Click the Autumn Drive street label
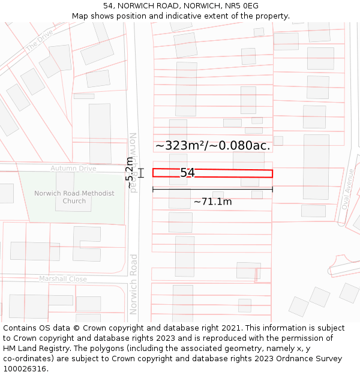[x=73, y=169]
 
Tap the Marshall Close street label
[x=63, y=279]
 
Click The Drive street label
[x=39, y=40]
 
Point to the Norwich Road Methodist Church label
[x=74, y=197]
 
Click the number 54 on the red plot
[x=188, y=173]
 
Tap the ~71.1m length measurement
[x=212, y=202]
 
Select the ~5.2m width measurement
[x=130, y=173]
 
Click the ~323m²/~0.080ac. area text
[x=212, y=145]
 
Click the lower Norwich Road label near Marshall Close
[x=134, y=284]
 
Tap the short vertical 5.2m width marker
[x=141, y=173]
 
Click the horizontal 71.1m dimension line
[x=212, y=190]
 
